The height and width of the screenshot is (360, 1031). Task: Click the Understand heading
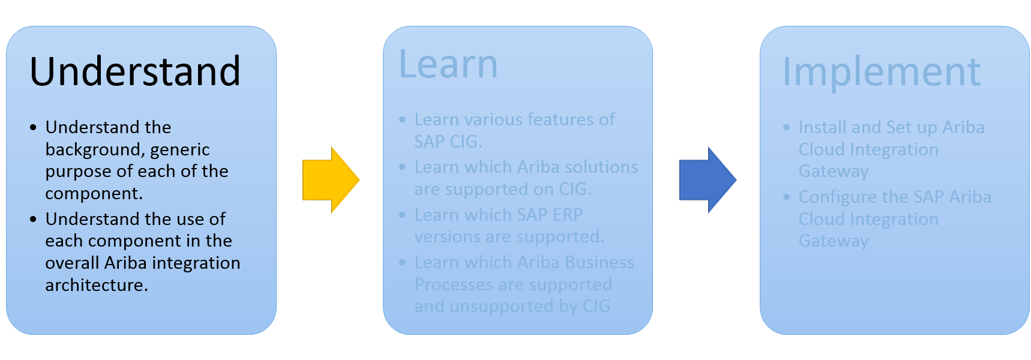coord(135,71)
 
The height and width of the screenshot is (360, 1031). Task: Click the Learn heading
coord(448,64)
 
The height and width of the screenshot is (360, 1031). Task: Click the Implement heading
coord(881,72)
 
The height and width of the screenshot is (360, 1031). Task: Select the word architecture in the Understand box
coord(96,284)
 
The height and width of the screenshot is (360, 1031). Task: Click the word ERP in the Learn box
coord(567,214)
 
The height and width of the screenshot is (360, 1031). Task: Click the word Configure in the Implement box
coord(837,197)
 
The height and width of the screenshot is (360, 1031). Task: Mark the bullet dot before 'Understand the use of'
coord(33,219)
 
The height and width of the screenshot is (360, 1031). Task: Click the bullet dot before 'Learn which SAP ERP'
coord(403,215)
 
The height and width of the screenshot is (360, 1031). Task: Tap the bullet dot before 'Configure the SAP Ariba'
coord(787,197)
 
